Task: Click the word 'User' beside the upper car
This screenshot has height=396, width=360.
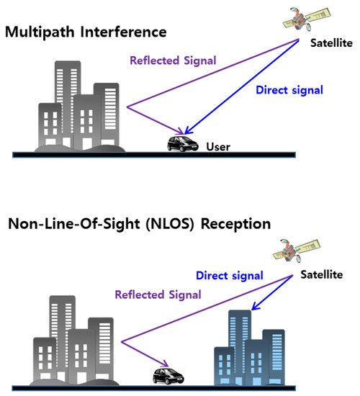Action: coord(217,148)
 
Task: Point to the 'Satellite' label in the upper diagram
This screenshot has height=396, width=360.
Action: coord(331,43)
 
